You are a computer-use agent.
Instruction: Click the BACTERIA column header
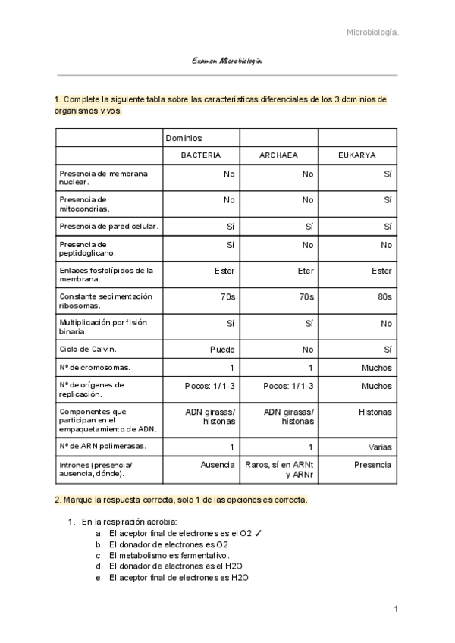click(x=201, y=155)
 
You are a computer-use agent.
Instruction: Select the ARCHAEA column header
click(x=278, y=155)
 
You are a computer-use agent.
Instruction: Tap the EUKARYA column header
click(x=357, y=155)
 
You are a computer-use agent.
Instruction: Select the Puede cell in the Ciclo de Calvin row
click(x=222, y=350)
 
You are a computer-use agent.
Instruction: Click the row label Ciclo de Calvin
click(x=87, y=350)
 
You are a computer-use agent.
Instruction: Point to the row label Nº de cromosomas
click(x=94, y=368)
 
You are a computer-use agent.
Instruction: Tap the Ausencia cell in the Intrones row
click(x=217, y=464)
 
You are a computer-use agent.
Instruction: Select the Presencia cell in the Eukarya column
click(x=372, y=464)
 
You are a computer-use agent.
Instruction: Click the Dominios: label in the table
click(x=184, y=137)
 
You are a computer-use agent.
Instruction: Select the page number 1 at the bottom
click(x=395, y=609)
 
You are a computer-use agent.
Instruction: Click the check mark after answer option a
click(x=259, y=533)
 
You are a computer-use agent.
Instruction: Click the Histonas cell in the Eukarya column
click(x=375, y=412)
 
